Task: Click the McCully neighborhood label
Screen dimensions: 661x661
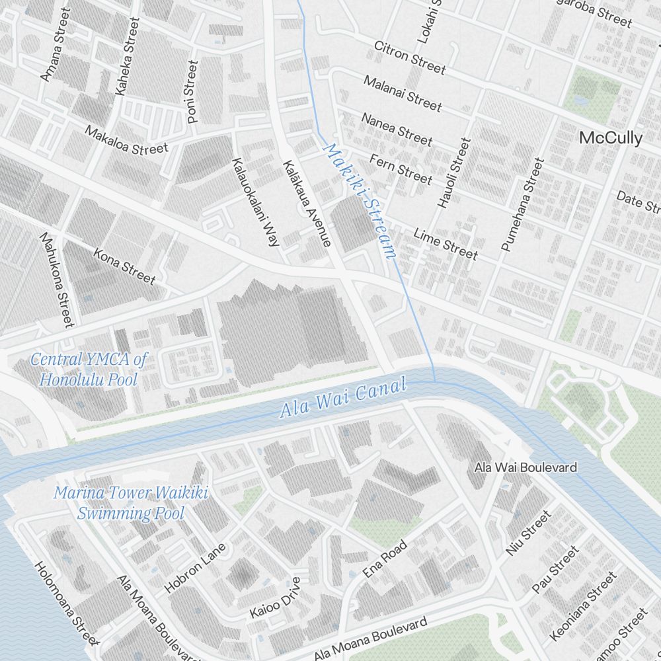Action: coord(610,138)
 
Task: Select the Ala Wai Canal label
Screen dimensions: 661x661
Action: coord(342,399)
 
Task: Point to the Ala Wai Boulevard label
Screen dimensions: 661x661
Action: coord(525,467)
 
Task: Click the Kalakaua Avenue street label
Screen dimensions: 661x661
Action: coord(307,204)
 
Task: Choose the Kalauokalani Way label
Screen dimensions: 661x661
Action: coord(254,202)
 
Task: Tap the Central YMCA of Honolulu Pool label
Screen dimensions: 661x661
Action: coord(89,369)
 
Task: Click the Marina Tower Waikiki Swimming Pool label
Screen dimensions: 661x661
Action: coord(130,502)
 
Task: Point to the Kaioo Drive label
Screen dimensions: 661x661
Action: coord(275,598)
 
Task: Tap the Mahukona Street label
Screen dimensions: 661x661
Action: coord(56,280)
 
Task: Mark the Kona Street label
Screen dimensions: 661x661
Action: coord(124,266)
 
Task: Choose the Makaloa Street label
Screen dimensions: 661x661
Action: coord(126,140)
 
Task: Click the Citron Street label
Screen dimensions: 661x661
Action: coord(410,58)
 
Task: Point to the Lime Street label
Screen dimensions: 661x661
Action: coord(446,243)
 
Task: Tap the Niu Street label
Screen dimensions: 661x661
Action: coord(527,533)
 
